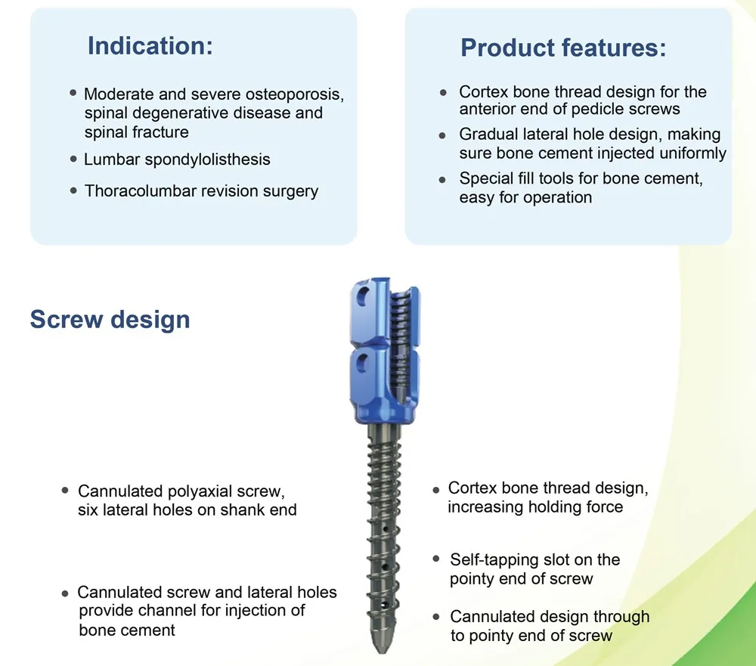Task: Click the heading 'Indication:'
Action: pyautogui.click(x=150, y=45)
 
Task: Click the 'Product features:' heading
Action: pyautogui.click(x=563, y=48)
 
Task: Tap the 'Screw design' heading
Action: pyautogui.click(x=110, y=319)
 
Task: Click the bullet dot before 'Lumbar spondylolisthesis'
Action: pyautogui.click(x=73, y=159)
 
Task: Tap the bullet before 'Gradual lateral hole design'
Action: pyautogui.click(x=443, y=135)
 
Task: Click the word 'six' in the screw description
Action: pyautogui.click(x=89, y=510)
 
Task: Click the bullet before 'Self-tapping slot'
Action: pyautogui.click(x=436, y=559)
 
